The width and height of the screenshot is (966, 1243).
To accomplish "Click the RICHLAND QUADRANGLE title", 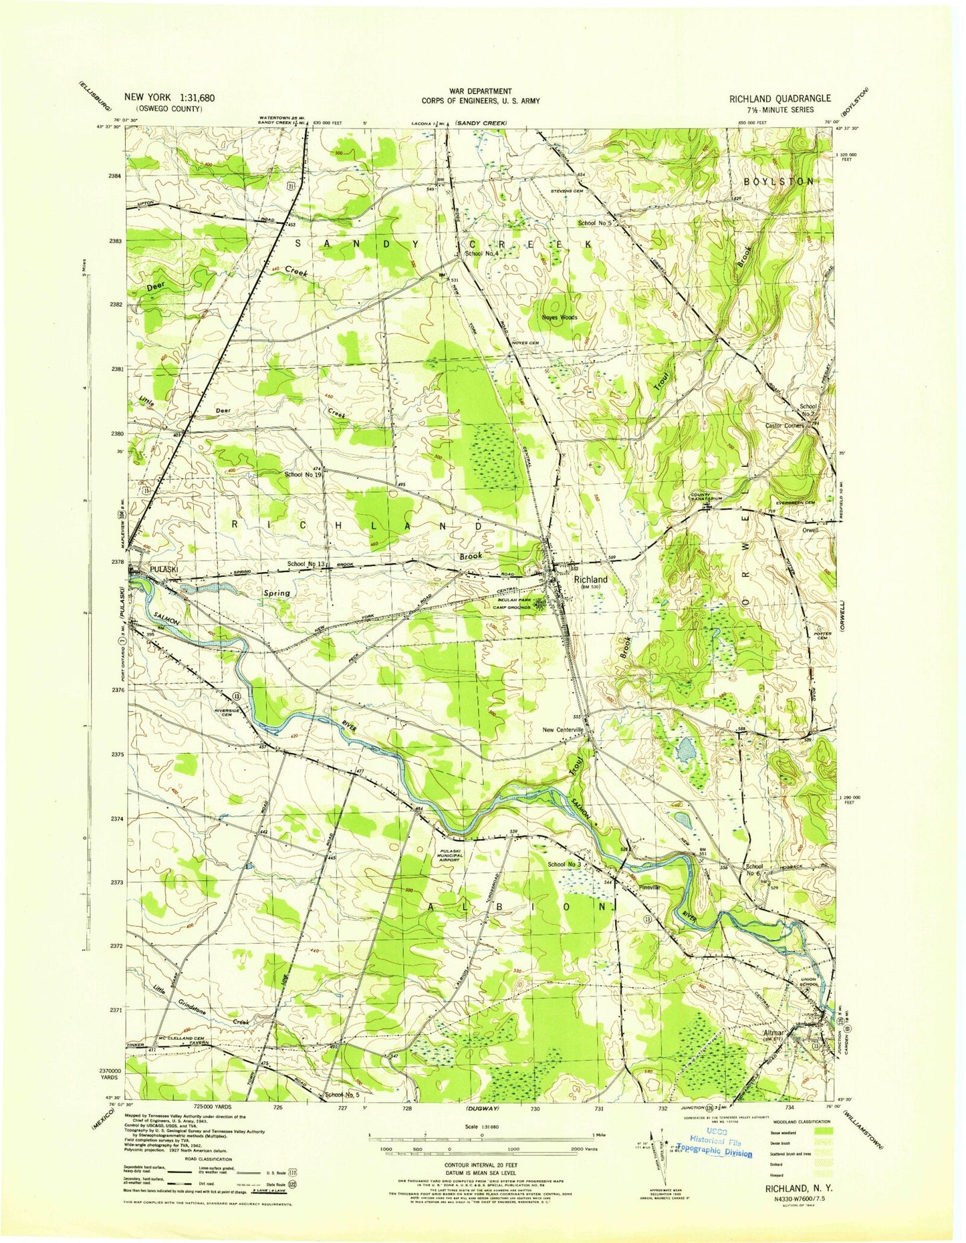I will click(x=780, y=98).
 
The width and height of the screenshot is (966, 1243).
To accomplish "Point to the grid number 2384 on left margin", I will click(x=116, y=176).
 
